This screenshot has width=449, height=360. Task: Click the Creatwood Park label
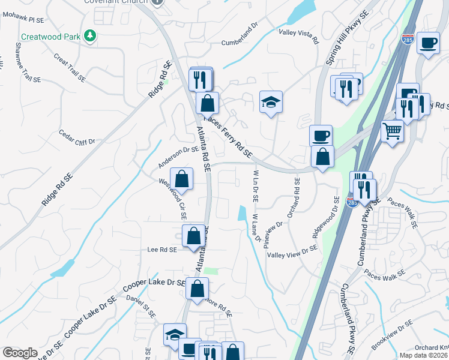[51, 37]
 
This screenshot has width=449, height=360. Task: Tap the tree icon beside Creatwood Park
[90, 36]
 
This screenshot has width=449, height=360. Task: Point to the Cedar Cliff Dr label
[77, 137]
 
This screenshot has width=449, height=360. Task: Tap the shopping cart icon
[392, 130]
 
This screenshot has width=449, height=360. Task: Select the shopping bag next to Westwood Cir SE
[181, 178]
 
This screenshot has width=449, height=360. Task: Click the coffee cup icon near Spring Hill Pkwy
[320, 135]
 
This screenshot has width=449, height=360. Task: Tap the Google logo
[20, 352]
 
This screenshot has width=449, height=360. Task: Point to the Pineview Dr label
[277, 224]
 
